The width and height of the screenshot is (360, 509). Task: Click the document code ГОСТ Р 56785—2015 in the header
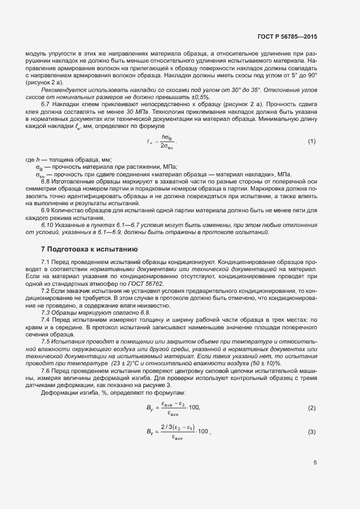tap(287, 36)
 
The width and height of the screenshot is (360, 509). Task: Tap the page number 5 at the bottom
tap(315, 463)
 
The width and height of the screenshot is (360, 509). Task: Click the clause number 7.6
tap(46, 371)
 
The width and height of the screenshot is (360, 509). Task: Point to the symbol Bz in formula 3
tap(150, 432)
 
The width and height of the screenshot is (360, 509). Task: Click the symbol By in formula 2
tap(150, 408)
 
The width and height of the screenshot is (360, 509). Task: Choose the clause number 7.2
tap(46, 292)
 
